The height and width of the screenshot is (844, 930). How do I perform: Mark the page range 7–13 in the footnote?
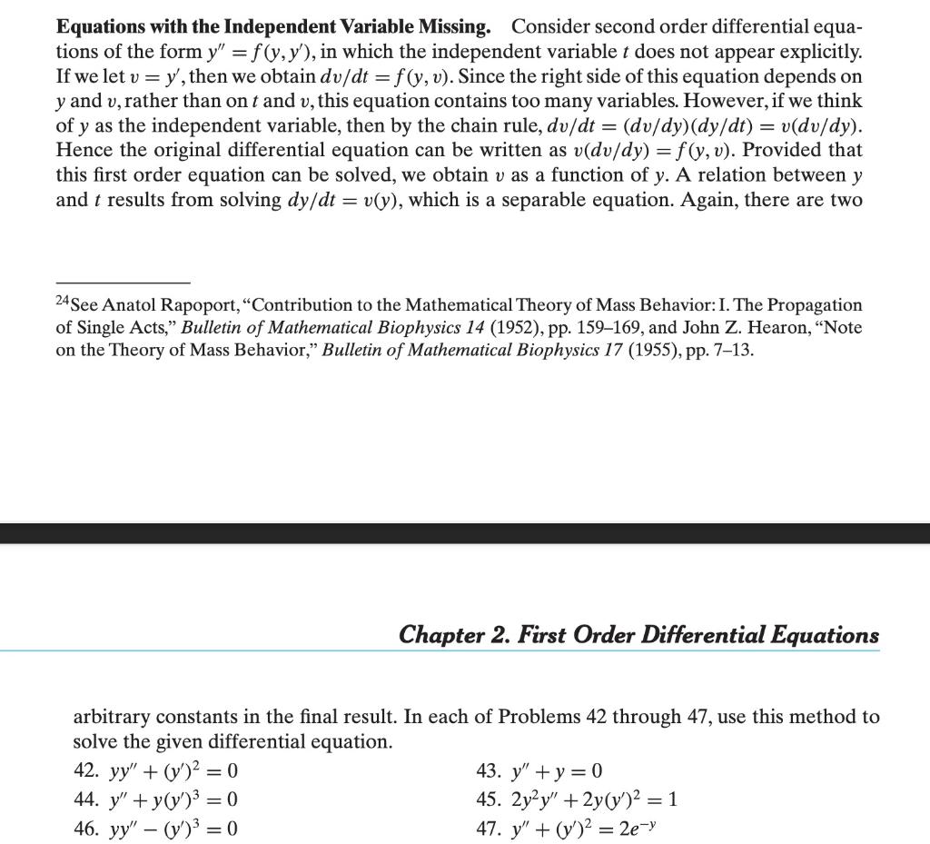(734, 350)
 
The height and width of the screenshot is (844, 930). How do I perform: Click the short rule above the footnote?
(123, 282)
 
